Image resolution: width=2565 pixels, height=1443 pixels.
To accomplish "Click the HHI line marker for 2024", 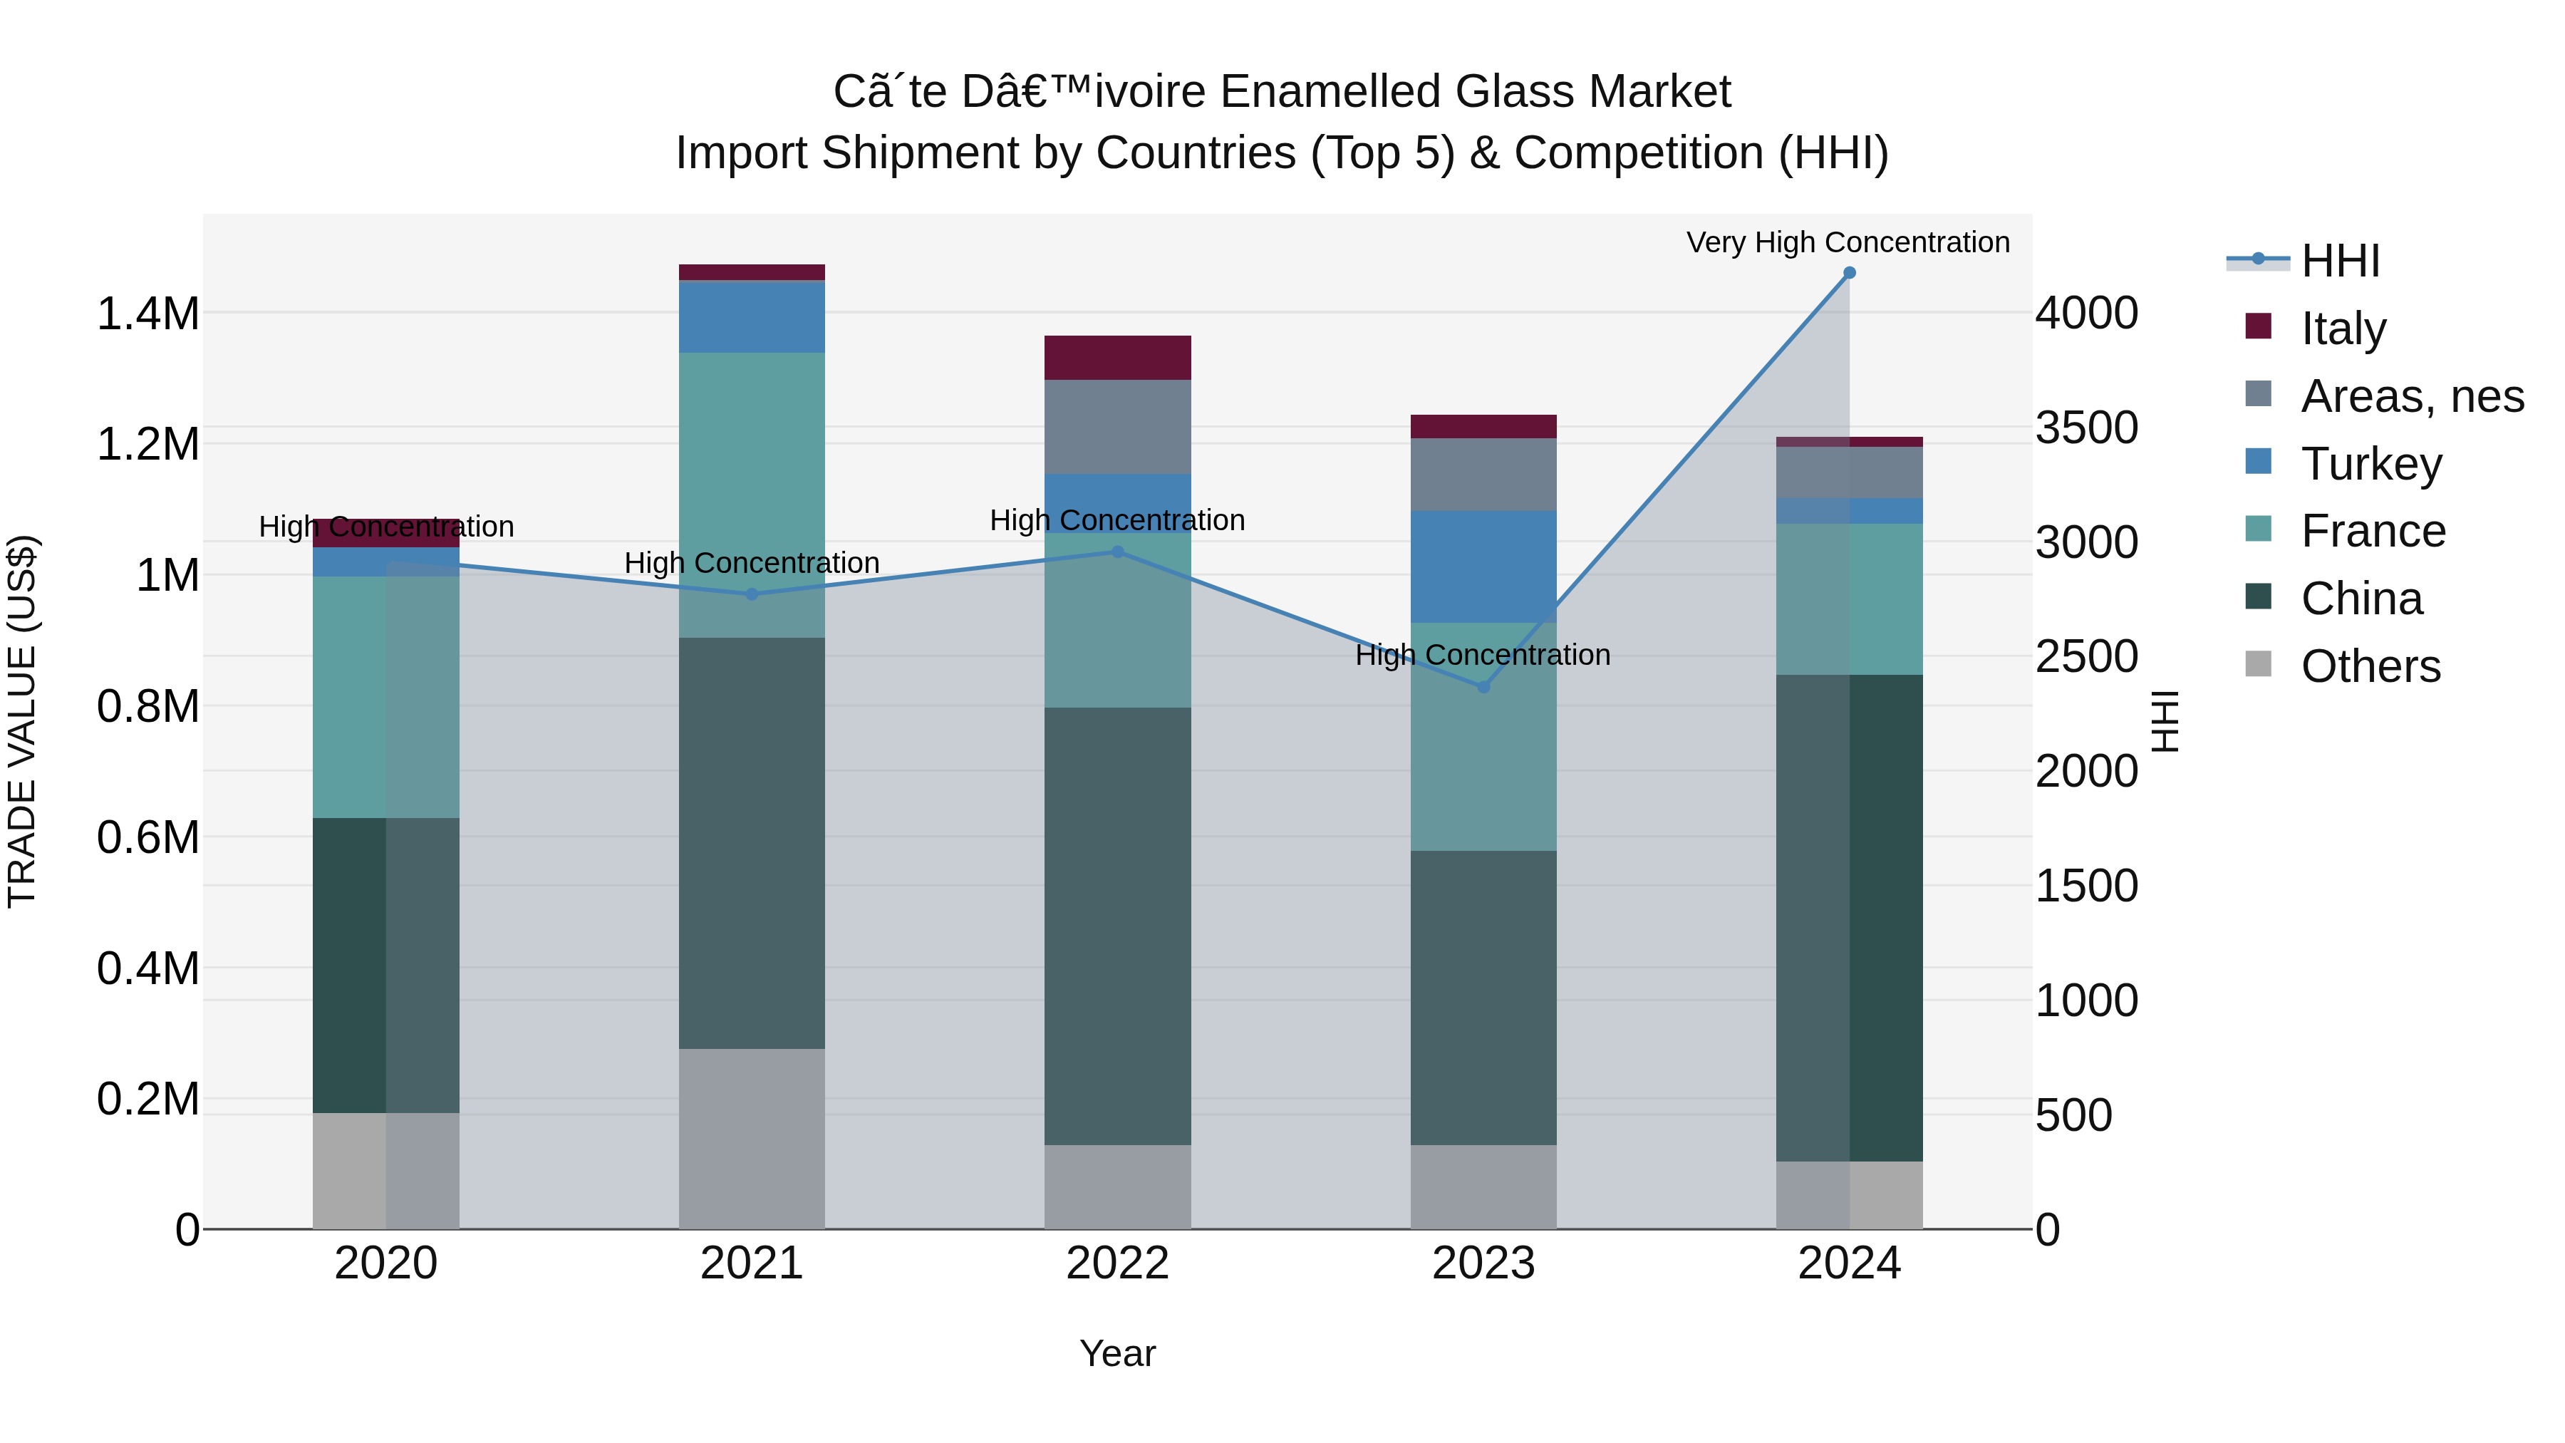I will click(1849, 273).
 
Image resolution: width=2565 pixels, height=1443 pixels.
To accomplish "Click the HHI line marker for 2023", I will click(1483, 687).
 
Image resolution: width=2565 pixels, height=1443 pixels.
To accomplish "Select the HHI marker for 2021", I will click(752, 594).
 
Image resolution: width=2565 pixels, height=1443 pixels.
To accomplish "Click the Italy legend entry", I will click(2343, 329).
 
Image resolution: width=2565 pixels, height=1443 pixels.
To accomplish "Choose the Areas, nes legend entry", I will click(2412, 396).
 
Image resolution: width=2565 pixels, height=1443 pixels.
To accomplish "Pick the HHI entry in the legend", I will click(2340, 261).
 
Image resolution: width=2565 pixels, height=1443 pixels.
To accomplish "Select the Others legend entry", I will click(2370, 666).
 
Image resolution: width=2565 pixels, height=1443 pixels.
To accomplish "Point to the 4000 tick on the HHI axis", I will click(2086, 314).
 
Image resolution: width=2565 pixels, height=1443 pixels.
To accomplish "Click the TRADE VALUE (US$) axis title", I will click(22, 721).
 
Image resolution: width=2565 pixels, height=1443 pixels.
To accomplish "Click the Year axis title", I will click(1117, 1355).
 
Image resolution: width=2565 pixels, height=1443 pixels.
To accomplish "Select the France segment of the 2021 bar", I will click(752, 495).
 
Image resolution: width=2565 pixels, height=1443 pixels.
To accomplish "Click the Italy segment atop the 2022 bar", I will click(1117, 358).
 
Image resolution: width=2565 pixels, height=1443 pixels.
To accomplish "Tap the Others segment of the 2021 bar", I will click(752, 1138).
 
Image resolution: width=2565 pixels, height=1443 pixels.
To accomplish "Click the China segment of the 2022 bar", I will click(1117, 926).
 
